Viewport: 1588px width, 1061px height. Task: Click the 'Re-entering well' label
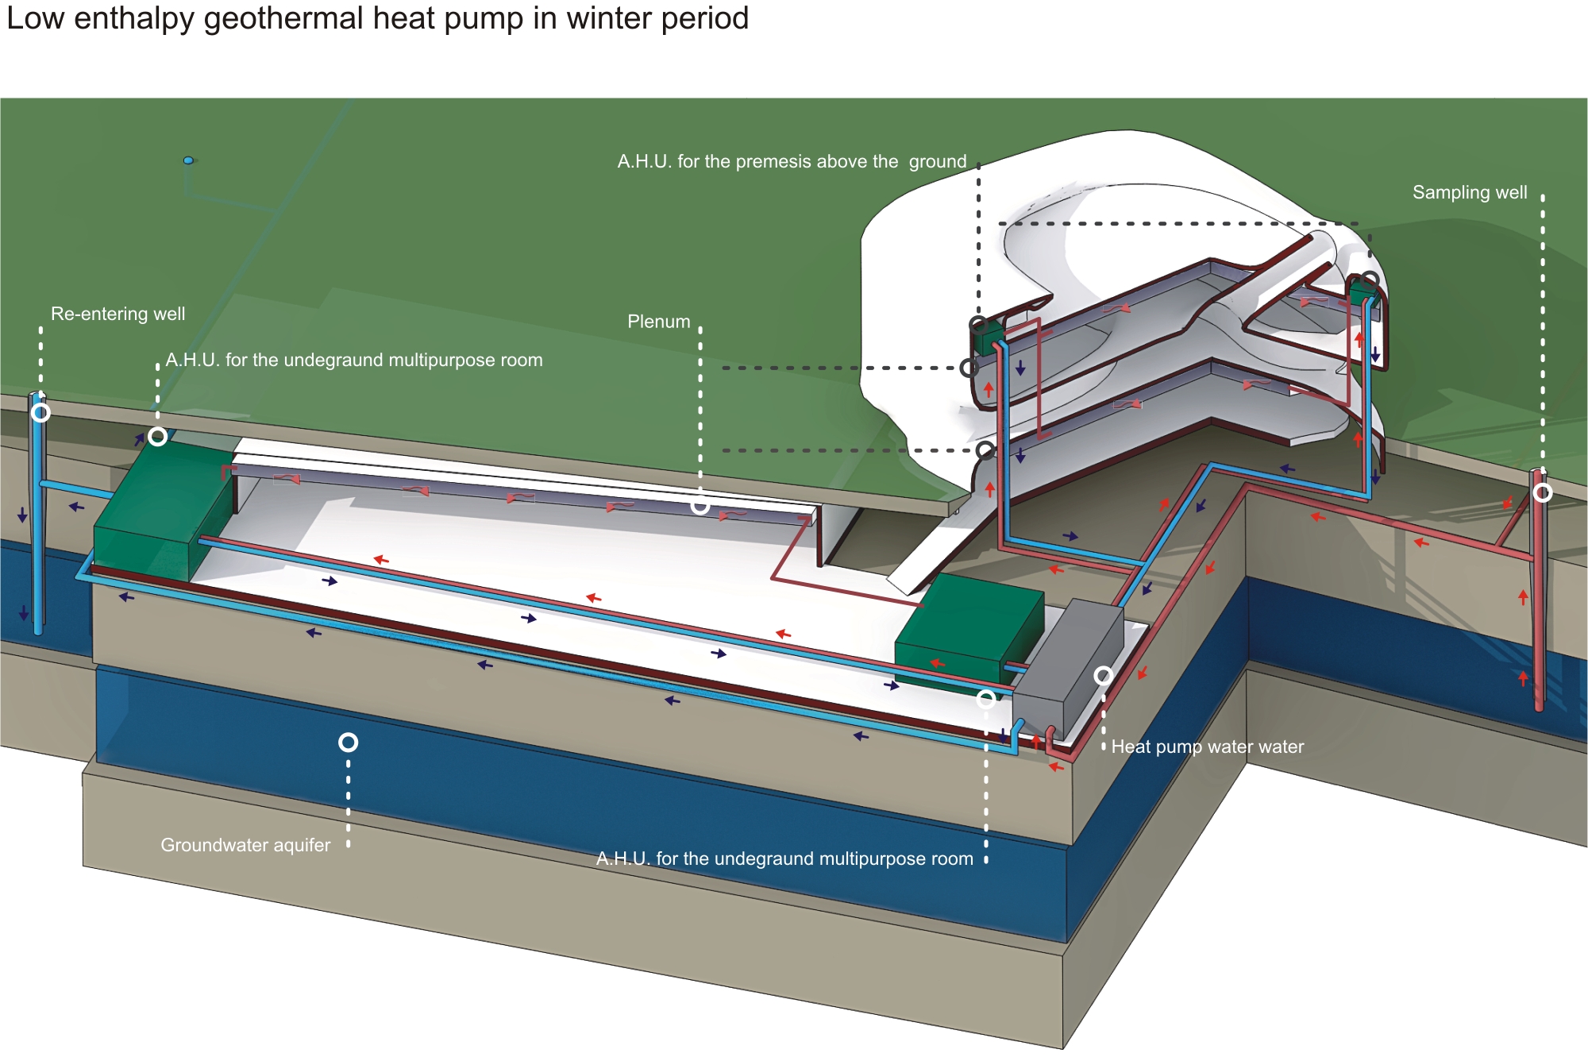[x=118, y=314]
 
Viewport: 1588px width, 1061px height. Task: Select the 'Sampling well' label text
[x=1470, y=192]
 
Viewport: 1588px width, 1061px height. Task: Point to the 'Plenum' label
[x=659, y=322]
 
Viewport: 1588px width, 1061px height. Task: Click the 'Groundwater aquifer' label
[x=245, y=845]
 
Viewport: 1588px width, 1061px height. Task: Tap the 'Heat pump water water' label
[x=1207, y=747]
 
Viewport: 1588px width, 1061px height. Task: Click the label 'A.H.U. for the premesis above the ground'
[x=792, y=161]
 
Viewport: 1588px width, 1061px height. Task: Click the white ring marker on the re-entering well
[x=40, y=412]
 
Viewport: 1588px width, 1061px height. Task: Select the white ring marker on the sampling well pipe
[x=1542, y=492]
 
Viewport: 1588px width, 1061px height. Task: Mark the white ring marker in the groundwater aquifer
[x=348, y=742]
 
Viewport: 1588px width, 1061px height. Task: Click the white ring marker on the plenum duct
[x=700, y=505]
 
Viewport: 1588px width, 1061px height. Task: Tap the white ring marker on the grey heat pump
[x=1103, y=675]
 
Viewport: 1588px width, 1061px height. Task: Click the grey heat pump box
[x=1068, y=667]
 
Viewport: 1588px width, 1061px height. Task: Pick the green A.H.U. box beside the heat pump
[x=969, y=627]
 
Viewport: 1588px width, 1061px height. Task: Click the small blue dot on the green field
[x=188, y=160]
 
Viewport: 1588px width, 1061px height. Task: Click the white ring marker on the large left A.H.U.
[x=158, y=436]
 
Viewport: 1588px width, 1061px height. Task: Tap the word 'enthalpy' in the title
[x=134, y=18]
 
